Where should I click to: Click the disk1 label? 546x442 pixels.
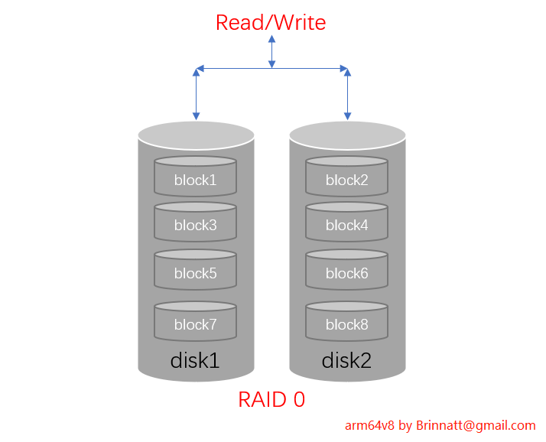(195, 360)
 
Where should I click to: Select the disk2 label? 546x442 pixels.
(346, 360)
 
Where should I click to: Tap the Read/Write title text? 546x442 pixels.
(271, 23)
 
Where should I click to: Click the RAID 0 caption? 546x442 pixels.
(271, 399)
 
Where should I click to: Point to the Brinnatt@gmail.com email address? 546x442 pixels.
(476, 426)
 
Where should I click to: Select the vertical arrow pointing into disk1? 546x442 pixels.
(197, 96)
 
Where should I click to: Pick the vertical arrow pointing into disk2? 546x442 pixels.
(347, 96)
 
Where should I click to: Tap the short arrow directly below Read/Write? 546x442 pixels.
(271, 52)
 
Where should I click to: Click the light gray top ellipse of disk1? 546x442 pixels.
(196, 135)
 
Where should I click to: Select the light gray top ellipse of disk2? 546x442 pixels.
(347, 135)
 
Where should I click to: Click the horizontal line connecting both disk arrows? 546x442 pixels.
(233, 69)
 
